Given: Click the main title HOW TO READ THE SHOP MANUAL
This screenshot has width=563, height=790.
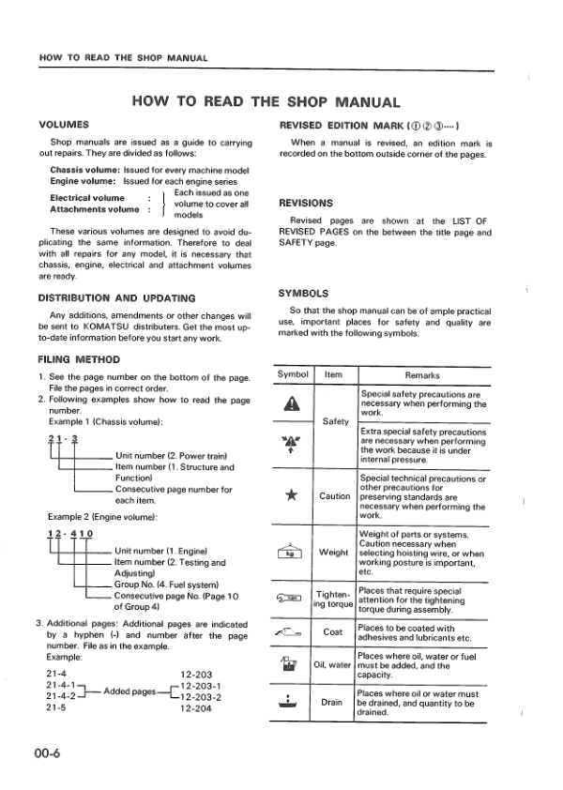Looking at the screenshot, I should pos(266,102).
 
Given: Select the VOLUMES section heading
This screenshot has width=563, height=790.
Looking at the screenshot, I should pos(64,124).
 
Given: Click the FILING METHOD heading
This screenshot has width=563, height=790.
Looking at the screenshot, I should pos(79,358).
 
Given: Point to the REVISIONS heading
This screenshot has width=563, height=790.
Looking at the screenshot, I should pos(306,202).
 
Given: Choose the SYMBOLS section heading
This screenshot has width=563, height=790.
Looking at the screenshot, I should pos(302,293).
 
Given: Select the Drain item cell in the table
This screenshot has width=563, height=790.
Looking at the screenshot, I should pos(332,702).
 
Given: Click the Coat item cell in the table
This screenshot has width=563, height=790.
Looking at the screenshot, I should pos(332,632).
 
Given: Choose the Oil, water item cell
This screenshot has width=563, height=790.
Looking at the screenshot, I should pos(332,666).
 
